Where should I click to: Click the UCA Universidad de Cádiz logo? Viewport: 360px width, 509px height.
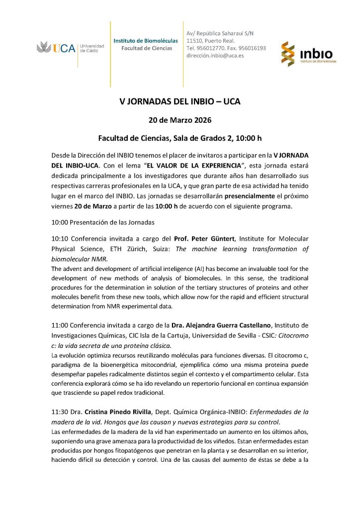click(70, 48)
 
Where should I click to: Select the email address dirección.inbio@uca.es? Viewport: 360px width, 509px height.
click(215, 56)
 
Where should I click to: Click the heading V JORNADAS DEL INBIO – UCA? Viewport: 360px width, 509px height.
click(180, 101)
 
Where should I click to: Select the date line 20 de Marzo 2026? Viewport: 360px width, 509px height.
click(180, 120)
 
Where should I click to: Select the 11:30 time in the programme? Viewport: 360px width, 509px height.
click(59, 412)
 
